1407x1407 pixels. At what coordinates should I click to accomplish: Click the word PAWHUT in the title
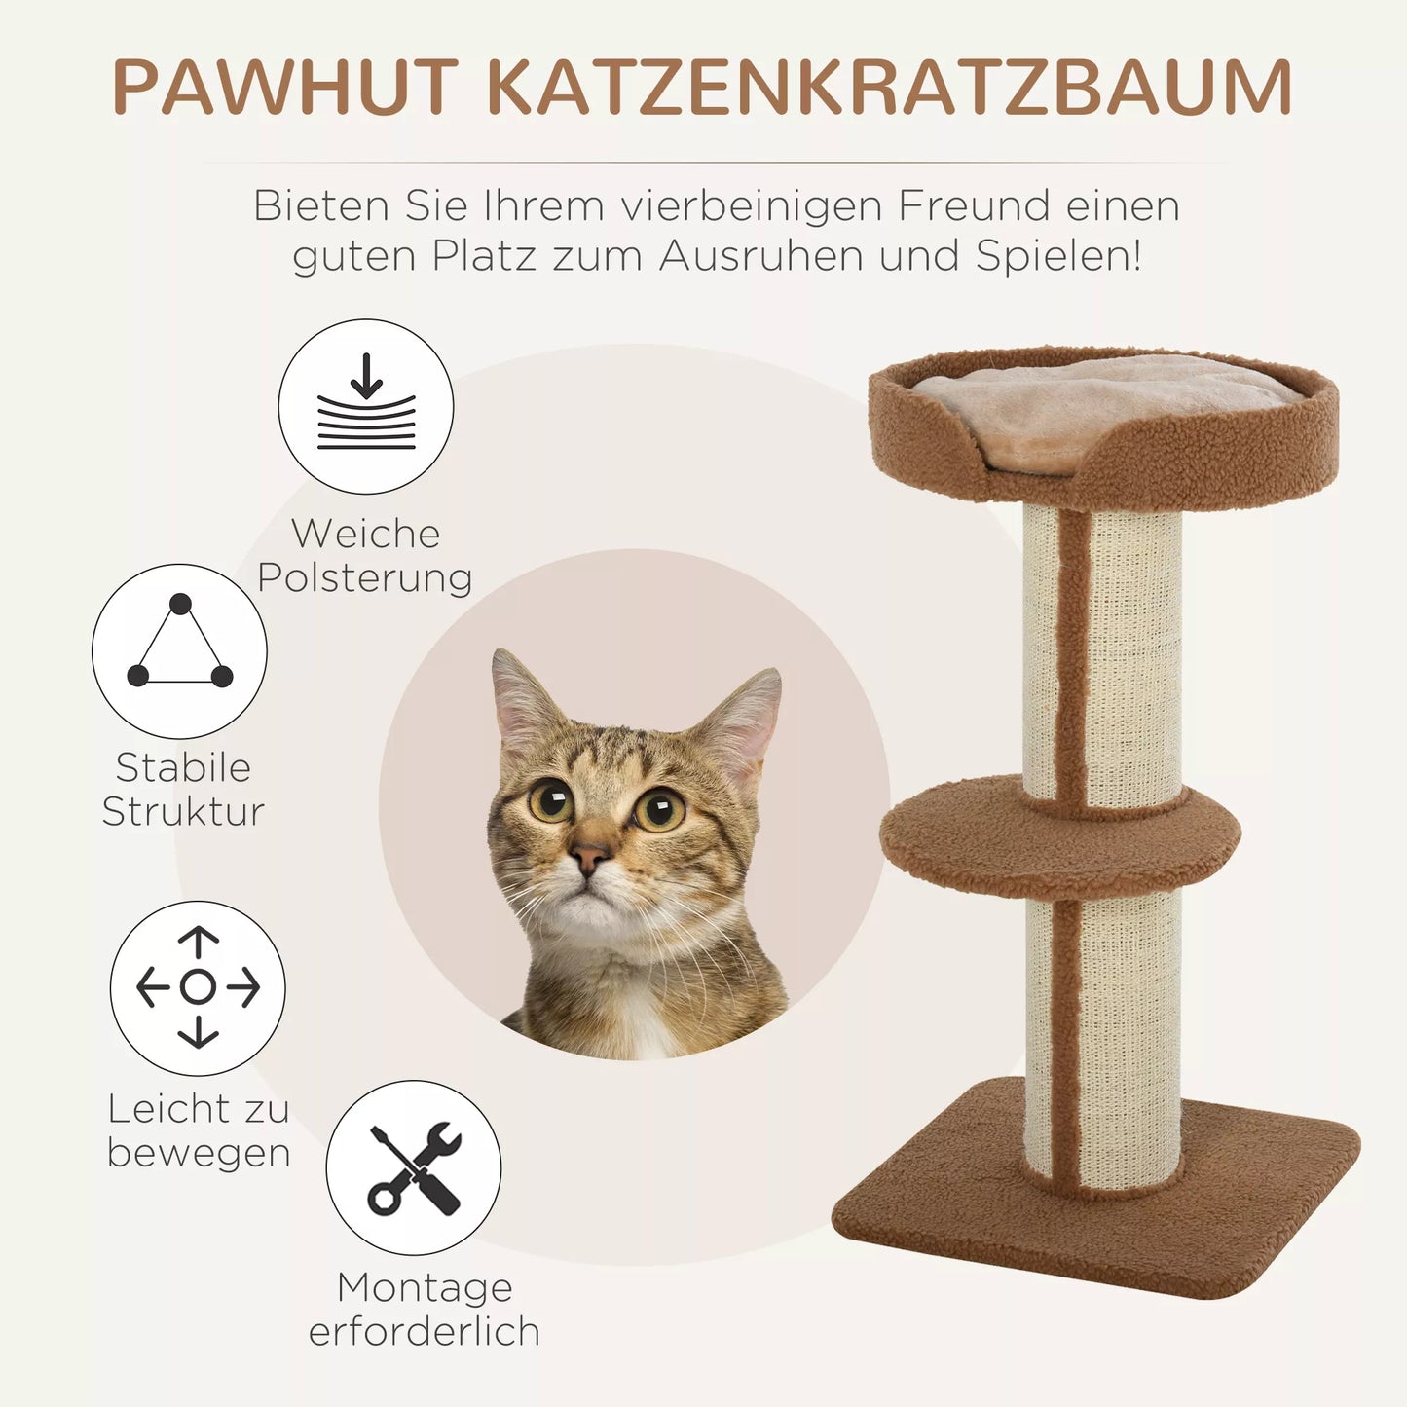coord(285,88)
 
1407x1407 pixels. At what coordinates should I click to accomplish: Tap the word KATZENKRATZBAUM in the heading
coord(888,88)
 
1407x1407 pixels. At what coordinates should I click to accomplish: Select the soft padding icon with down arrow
coord(366,406)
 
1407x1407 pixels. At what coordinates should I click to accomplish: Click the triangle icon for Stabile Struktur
coord(180,650)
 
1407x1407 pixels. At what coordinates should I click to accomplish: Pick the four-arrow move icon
coord(198,987)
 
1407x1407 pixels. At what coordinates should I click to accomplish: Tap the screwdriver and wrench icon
coord(414,1167)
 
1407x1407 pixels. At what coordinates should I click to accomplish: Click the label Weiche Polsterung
coord(365,555)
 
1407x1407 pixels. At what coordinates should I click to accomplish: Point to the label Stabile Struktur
coord(183,789)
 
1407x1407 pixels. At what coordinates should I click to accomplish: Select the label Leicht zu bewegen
coord(199,1130)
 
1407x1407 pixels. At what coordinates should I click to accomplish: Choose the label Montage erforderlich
coord(425,1309)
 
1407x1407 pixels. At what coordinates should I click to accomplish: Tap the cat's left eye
coord(551,800)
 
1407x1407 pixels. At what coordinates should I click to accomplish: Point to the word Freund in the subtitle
coord(974,206)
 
